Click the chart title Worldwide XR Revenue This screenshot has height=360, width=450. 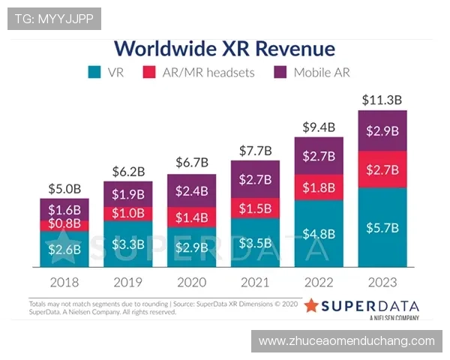click(x=223, y=49)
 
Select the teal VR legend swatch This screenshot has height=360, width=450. click(x=94, y=73)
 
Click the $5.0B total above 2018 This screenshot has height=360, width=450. click(x=64, y=188)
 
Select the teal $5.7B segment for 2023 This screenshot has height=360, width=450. click(x=382, y=227)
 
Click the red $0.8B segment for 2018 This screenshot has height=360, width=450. click(x=64, y=223)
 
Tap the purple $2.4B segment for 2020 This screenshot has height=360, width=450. click(x=191, y=190)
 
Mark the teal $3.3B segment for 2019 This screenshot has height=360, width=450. click(x=127, y=244)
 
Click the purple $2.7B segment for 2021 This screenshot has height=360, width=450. click(x=255, y=179)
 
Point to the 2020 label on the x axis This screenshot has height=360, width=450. click(x=191, y=282)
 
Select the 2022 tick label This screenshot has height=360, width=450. click(x=319, y=282)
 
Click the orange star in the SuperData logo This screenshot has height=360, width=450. click(x=311, y=306)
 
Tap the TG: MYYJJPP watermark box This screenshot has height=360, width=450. click(x=54, y=18)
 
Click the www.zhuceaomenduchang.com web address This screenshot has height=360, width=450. click(x=346, y=340)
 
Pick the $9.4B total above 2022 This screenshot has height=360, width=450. click(x=319, y=127)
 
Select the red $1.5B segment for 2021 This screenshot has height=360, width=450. click(x=255, y=208)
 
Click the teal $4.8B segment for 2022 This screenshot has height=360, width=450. click(x=319, y=233)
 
